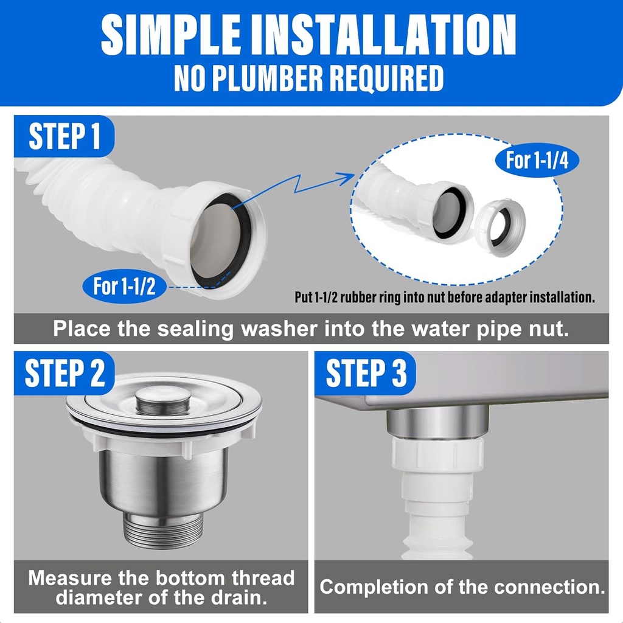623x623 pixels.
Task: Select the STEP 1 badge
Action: point(64,136)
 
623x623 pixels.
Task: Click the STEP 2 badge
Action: point(64,372)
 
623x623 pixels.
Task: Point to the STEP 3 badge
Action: point(366,372)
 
